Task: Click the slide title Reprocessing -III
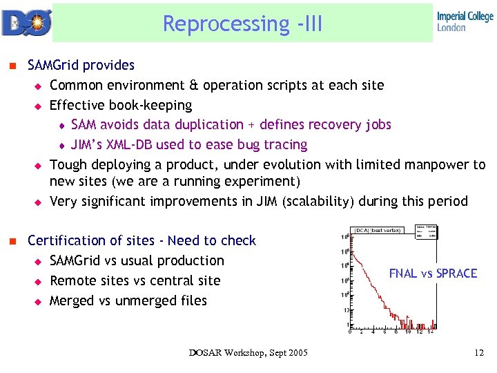pos(242,23)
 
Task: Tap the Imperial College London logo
pos(465,22)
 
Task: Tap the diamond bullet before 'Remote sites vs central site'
pos(39,281)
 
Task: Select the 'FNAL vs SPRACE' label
pos(433,274)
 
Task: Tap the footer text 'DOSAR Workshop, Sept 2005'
pos(249,354)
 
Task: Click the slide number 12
pos(479,354)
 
